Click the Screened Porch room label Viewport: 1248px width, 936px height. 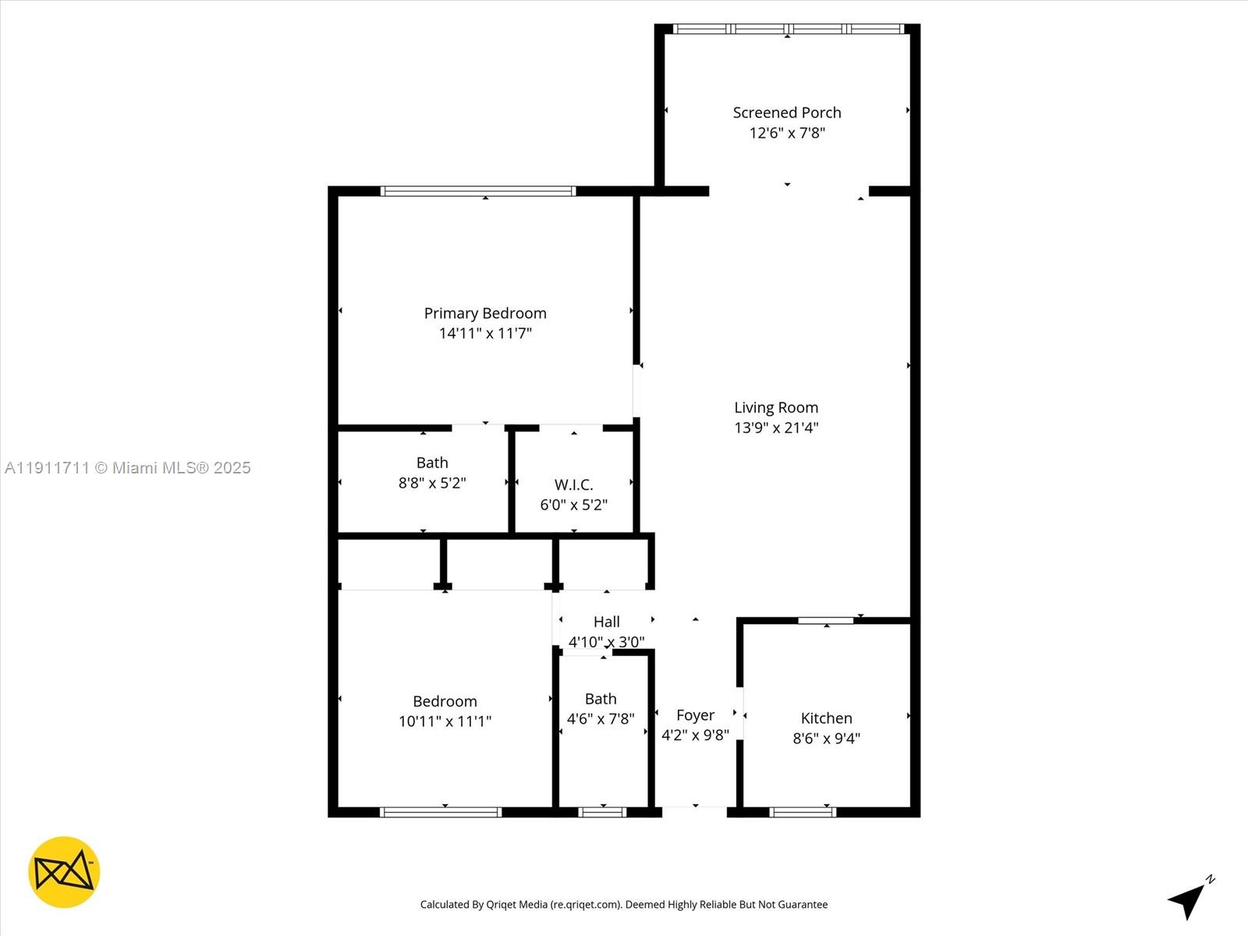coord(786,112)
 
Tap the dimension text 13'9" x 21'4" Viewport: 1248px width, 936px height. coord(776,427)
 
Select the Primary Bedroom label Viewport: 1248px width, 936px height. coord(485,313)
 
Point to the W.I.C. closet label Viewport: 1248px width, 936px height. coord(573,484)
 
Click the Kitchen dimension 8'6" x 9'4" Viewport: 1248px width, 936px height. coord(826,738)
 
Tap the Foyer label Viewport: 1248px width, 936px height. coord(695,715)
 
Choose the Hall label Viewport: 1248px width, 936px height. coord(607,622)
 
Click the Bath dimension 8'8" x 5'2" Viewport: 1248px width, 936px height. coord(432,483)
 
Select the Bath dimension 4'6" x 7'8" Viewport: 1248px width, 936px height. coord(601,718)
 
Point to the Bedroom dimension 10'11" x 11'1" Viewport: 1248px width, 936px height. coord(445,721)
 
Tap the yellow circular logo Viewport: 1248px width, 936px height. coord(64,872)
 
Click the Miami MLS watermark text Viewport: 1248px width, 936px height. coord(128,468)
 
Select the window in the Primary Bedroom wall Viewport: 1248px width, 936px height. coord(478,191)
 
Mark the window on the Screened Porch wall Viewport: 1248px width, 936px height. coord(788,29)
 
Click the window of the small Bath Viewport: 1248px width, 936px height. coord(603,812)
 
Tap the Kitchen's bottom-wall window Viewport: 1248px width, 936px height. coord(803,812)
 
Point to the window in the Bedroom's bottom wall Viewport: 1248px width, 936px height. coord(441,812)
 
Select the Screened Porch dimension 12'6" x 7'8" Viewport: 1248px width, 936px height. coord(786,133)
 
